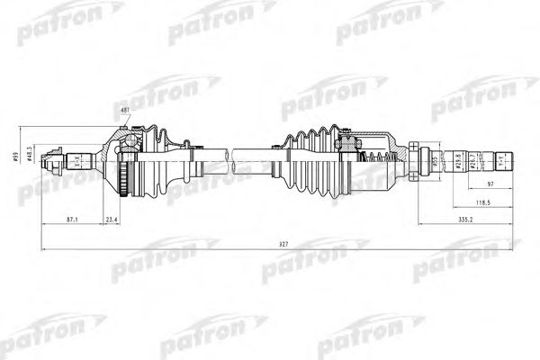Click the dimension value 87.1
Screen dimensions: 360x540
click(72, 219)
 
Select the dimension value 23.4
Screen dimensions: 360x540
click(113, 219)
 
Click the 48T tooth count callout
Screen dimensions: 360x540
click(124, 110)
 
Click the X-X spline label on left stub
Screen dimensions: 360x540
click(77, 161)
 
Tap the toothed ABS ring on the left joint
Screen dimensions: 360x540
click(121, 167)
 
